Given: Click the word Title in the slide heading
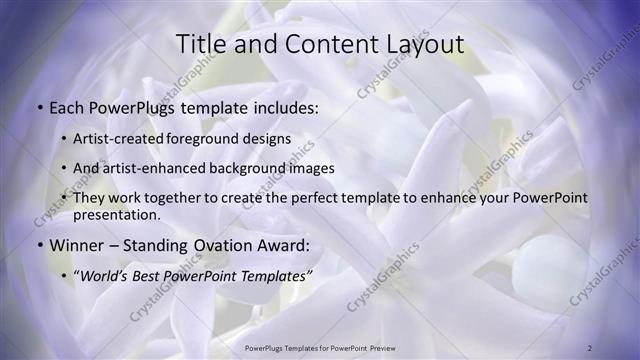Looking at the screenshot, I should point(200,45).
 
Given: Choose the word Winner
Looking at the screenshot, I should point(81,244).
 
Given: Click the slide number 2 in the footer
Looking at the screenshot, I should point(591,347).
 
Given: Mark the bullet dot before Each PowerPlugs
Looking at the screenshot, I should point(39,105).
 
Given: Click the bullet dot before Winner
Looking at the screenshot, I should point(39,245).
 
